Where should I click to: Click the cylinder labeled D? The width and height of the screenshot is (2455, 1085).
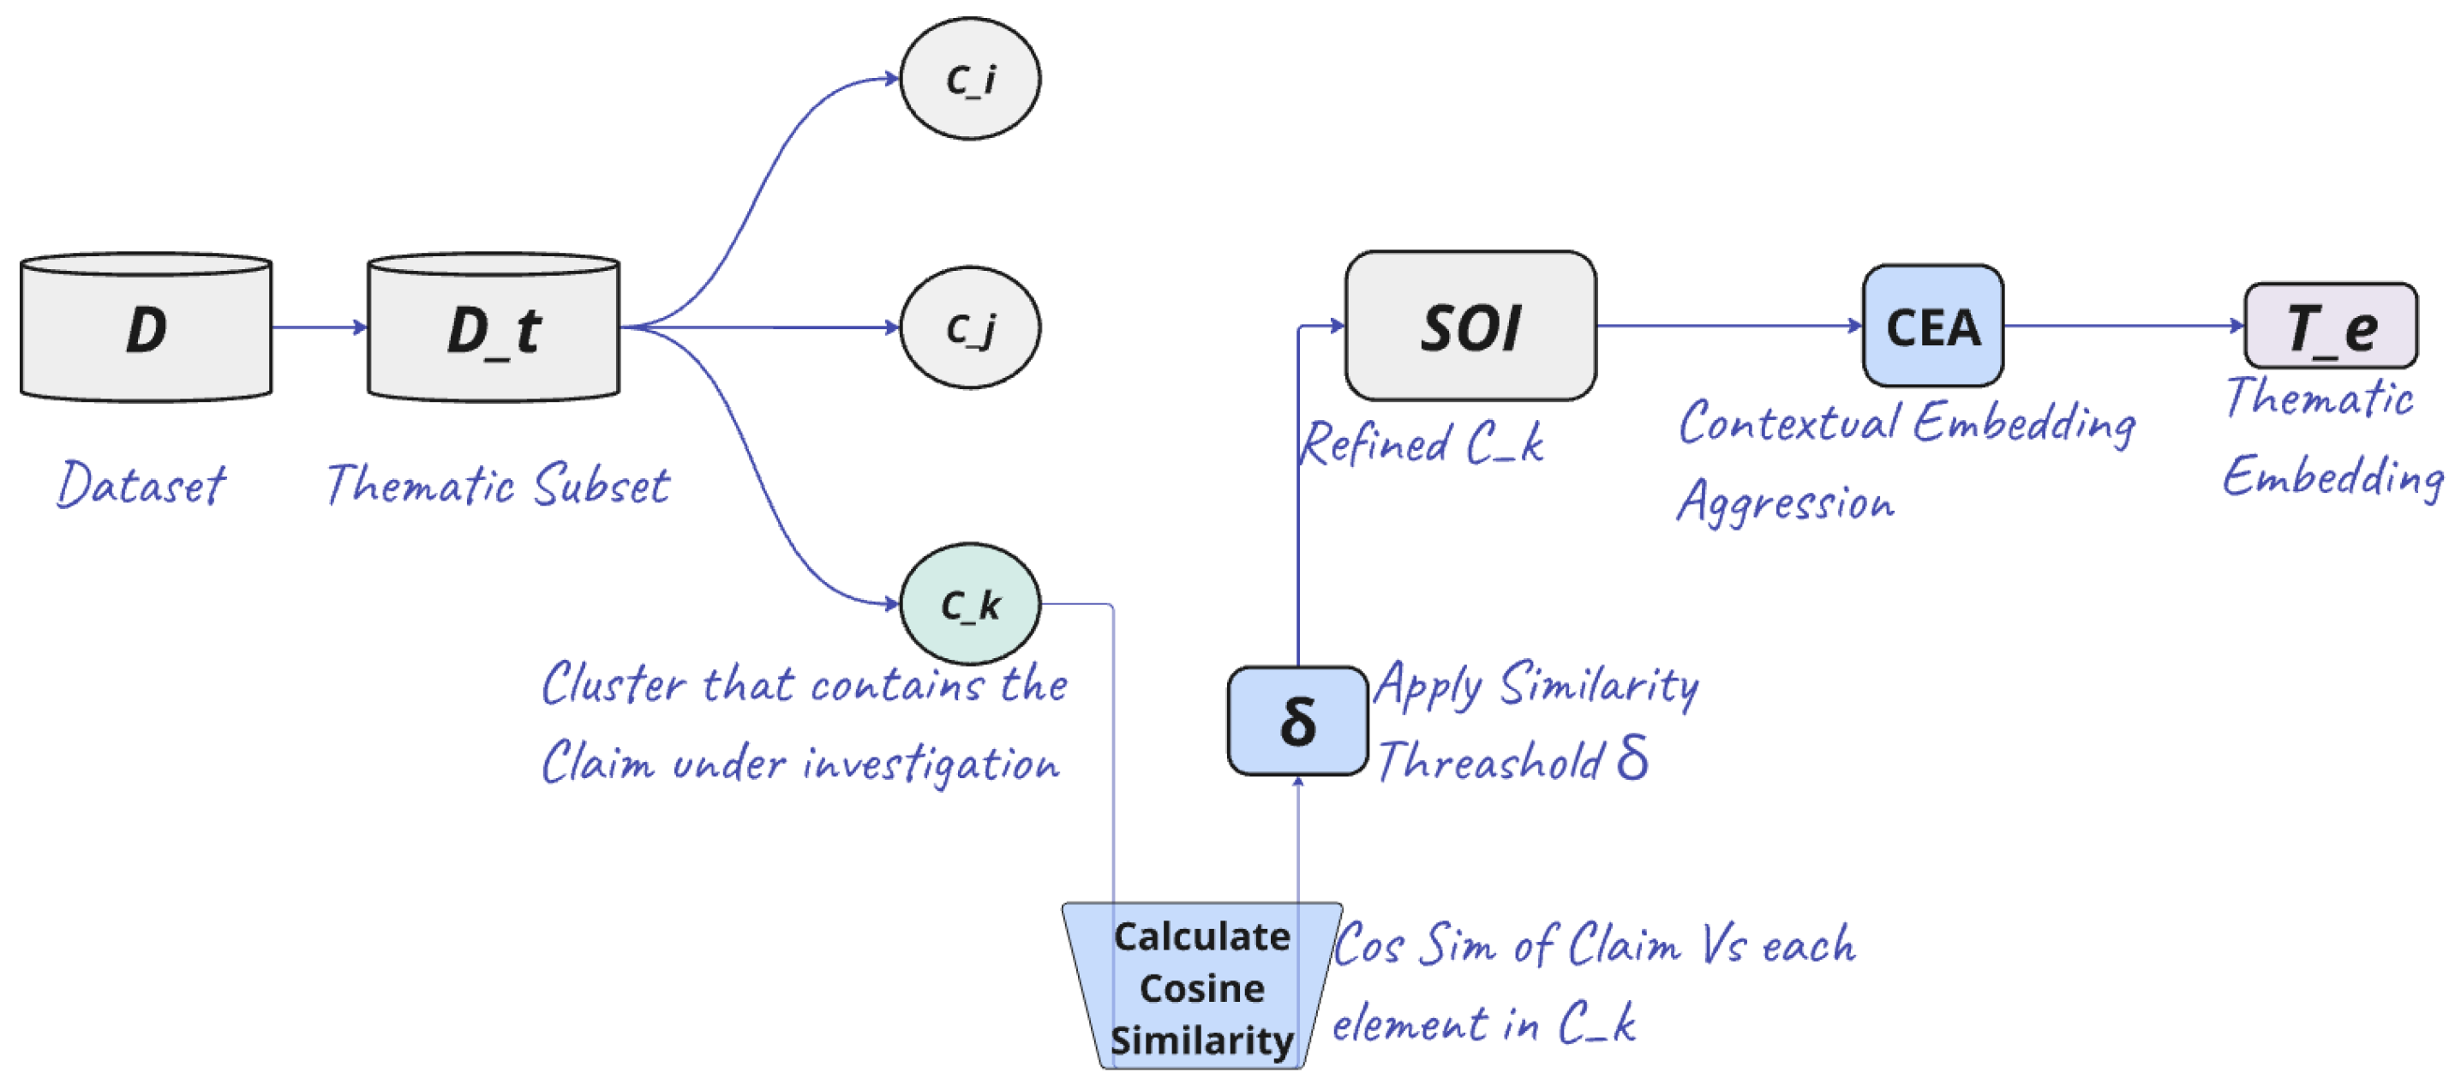pos(146,329)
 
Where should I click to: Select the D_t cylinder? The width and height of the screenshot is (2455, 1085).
pos(494,329)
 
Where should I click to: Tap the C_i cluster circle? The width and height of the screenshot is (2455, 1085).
pos(970,79)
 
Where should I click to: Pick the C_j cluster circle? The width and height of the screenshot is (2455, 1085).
pos(970,328)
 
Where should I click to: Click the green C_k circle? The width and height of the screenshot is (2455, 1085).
pos(970,604)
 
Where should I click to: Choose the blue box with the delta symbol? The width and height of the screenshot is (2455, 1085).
pos(1297,722)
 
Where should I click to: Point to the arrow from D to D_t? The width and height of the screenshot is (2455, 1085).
pos(320,328)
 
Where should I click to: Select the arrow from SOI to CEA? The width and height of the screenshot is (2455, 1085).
pos(1729,326)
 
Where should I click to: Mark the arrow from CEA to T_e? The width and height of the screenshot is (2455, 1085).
pos(2123,326)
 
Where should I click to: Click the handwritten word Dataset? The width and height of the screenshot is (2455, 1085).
pos(141,485)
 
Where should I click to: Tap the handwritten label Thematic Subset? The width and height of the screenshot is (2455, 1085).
pos(498,485)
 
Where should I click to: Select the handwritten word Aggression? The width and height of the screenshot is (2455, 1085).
pos(1785,502)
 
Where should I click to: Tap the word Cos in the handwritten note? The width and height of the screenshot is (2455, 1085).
pos(1368,947)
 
